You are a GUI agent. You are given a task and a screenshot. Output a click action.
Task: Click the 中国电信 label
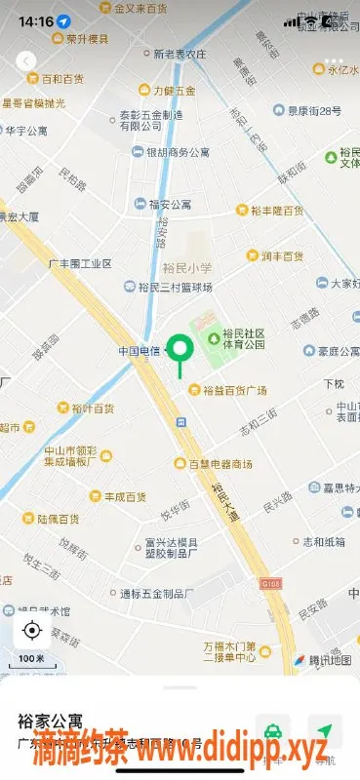(139, 350)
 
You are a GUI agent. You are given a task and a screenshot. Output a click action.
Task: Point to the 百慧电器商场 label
(220, 463)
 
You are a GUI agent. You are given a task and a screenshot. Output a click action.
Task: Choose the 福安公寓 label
(170, 205)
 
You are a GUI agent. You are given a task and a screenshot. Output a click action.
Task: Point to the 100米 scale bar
(32, 660)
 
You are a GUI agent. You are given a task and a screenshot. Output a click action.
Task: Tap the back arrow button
(26, 60)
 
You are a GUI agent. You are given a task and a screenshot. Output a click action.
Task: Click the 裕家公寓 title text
(49, 722)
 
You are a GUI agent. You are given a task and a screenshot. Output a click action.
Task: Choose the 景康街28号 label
(308, 111)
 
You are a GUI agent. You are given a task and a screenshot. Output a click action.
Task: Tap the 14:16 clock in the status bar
(35, 20)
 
